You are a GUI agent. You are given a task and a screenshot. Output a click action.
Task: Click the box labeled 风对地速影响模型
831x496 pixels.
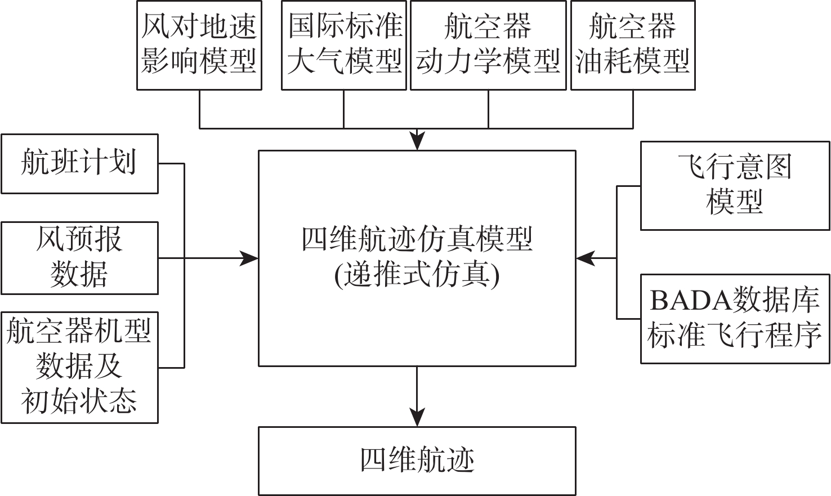click(199, 45)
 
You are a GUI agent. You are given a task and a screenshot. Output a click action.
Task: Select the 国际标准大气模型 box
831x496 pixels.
click(344, 45)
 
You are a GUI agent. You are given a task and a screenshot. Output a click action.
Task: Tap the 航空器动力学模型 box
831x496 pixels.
click(488, 45)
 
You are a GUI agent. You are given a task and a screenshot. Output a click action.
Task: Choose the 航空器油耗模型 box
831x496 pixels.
click(633, 45)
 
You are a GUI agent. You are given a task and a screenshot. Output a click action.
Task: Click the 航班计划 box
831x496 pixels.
click(80, 164)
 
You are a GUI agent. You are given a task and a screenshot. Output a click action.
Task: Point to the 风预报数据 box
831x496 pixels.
click(80, 258)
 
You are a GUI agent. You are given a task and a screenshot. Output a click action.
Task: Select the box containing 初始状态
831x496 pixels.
click(80, 368)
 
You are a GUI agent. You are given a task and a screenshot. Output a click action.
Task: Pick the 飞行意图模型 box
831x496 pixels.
click(735, 185)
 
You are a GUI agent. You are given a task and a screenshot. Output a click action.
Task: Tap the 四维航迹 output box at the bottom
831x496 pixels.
click(417, 461)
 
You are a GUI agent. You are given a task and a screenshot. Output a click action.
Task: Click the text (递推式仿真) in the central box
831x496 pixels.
click(417, 276)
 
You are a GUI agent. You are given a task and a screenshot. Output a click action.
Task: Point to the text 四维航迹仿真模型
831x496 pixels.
click(417, 240)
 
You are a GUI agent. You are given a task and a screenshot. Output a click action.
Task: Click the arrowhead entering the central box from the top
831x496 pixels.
click(417, 141)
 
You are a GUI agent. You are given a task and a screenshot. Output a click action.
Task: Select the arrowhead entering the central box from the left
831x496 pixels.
click(248, 258)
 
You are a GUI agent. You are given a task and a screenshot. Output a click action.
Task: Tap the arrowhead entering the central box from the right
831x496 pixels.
click(586, 258)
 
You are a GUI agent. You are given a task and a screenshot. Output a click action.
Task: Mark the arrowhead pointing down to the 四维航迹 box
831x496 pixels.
click(417, 417)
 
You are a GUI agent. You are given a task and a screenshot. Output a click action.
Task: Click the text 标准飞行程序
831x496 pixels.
click(735, 336)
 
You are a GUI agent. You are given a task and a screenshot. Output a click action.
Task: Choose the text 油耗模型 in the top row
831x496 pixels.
click(633, 61)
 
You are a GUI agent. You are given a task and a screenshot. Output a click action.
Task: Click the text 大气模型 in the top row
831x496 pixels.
click(344, 61)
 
